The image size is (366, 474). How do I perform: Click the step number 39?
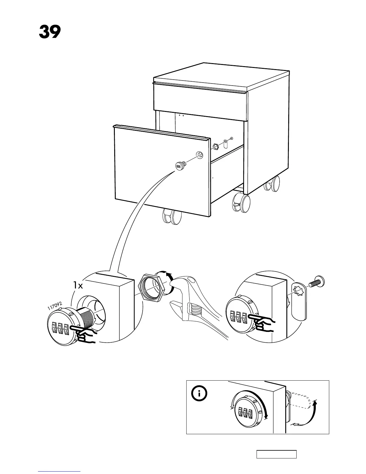50,32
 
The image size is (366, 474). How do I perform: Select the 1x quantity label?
78,285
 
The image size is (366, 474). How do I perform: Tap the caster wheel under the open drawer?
171,216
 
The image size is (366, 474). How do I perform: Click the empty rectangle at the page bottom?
276,454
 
